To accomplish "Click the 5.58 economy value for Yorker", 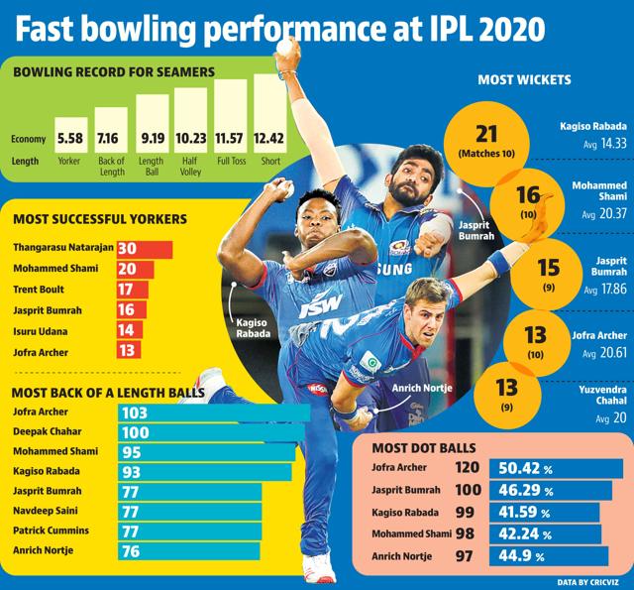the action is click(70, 139).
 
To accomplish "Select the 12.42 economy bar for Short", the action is click(270, 113).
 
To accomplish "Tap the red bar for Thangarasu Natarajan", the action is click(145, 249).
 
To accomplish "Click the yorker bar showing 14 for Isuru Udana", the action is click(130, 330).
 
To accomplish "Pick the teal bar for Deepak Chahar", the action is click(211, 432).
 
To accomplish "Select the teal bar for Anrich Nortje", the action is click(189, 551).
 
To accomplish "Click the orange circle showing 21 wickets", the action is click(486, 143).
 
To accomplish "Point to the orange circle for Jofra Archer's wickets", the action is click(535, 343).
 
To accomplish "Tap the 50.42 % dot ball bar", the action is click(556, 469).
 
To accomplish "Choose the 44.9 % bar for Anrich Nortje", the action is click(549, 556).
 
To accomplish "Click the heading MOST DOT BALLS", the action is click(424, 448).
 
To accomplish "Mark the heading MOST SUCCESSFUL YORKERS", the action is click(100, 219).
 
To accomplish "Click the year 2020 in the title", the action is click(511, 29).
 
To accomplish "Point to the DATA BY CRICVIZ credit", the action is click(587, 582).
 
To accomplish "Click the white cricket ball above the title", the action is click(285, 48).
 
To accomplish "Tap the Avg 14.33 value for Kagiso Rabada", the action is click(605, 144).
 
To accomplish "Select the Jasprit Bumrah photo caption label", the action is click(476, 230).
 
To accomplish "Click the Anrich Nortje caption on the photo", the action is click(422, 388).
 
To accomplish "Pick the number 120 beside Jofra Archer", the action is click(468, 467).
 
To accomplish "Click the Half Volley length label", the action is click(190, 166).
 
